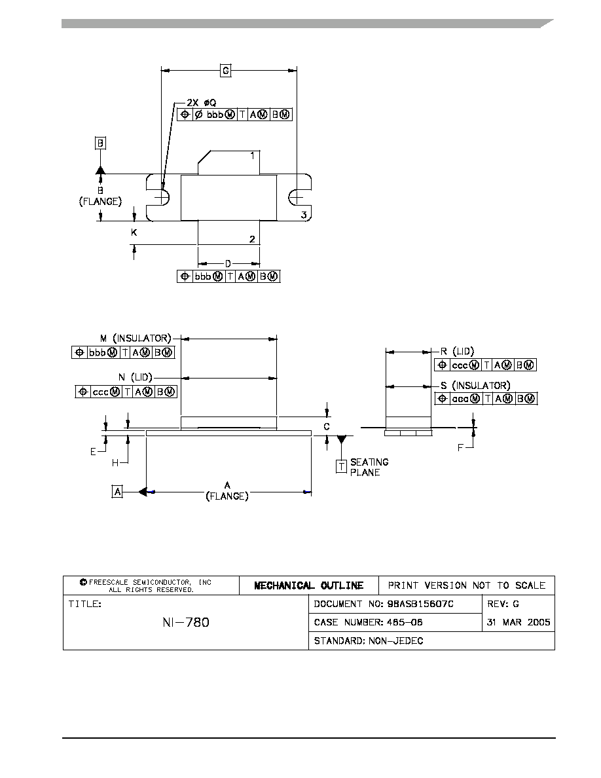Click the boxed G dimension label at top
pyautogui.click(x=226, y=71)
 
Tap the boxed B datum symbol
pyautogui.click(x=101, y=143)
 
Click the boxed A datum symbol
pyautogui.click(x=117, y=492)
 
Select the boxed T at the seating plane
pyautogui.click(x=341, y=466)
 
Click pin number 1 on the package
pyautogui.click(x=253, y=156)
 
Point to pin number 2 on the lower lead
pyautogui.click(x=252, y=239)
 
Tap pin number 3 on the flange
pyautogui.click(x=304, y=215)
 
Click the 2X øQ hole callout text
pyautogui.click(x=202, y=103)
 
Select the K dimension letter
pyautogui.click(x=134, y=232)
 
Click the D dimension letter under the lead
pyautogui.click(x=228, y=264)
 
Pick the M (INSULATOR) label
pyautogui.click(x=136, y=339)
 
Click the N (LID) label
pyautogui.click(x=135, y=378)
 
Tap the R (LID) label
pyautogui.click(x=457, y=352)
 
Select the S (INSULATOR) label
pyautogui.click(x=475, y=386)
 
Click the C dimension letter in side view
pyautogui.click(x=327, y=427)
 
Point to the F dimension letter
pyautogui.click(x=460, y=448)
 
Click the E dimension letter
pyautogui.click(x=93, y=452)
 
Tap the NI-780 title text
pyautogui.click(x=186, y=622)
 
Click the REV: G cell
pyautogui.click(x=503, y=604)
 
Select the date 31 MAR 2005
pyautogui.click(x=519, y=622)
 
